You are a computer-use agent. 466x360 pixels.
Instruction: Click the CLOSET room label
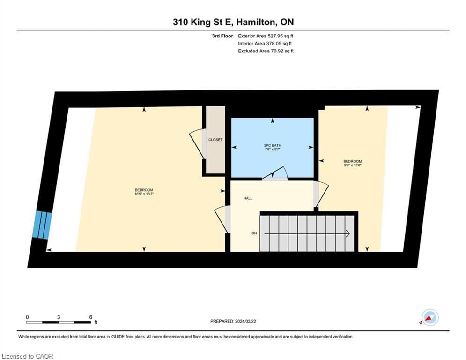click(x=215, y=140)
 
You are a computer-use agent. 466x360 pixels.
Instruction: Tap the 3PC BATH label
click(x=273, y=145)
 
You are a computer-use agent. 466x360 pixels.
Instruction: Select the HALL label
click(x=248, y=198)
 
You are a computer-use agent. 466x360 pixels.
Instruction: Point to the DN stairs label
click(x=254, y=233)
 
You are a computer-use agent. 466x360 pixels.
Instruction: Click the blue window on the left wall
click(x=42, y=225)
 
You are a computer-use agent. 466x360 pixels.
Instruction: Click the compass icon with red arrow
click(x=430, y=317)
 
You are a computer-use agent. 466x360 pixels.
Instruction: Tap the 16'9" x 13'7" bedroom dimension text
click(x=144, y=194)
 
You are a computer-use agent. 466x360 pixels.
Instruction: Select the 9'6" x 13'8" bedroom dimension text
click(x=353, y=165)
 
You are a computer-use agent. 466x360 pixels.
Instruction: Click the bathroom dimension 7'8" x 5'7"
click(x=273, y=150)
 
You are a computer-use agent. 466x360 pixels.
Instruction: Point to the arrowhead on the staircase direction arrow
click(x=348, y=234)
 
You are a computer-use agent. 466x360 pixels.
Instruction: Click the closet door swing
click(x=197, y=144)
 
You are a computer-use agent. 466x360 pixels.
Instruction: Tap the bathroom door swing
click(x=275, y=173)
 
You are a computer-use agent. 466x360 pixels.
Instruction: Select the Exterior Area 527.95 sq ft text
click(x=266, y=36)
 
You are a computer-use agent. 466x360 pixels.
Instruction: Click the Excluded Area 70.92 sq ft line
click(x=266, y=51)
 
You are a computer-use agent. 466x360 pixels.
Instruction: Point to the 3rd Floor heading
click(x=222, y=36)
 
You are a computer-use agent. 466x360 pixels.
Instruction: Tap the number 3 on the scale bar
click(x=59, y=317)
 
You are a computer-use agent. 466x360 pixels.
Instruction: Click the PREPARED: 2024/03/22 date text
click(x=233, y=321)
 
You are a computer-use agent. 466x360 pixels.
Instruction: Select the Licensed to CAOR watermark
click(x=27, y=356)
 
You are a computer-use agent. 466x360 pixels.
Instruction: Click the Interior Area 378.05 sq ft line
click(x=265, y=44)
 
